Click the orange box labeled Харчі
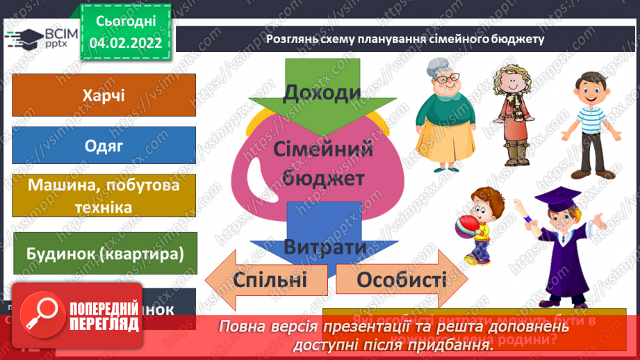(x=104, y=94)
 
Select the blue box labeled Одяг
(x=104, y=145)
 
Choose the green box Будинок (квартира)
(x=104, y=254)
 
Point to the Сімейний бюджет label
(x=323, y=163)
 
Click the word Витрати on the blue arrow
(x=325, y=247)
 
